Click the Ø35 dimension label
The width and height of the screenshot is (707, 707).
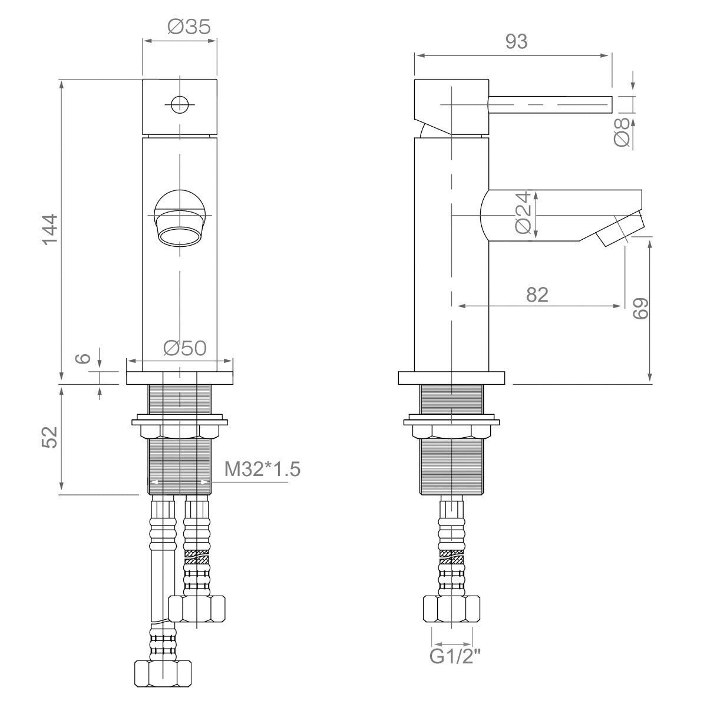189,27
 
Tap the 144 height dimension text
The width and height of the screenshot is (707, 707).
50,229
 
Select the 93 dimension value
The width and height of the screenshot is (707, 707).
516,41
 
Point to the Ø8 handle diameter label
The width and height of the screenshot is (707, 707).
622,132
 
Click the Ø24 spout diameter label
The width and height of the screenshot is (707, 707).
523,212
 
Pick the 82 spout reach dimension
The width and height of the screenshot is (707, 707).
537,295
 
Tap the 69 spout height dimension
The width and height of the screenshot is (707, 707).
640,308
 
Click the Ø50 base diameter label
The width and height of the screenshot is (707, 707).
185,348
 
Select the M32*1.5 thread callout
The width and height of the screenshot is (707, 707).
262,469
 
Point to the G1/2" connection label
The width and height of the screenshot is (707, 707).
455,656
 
